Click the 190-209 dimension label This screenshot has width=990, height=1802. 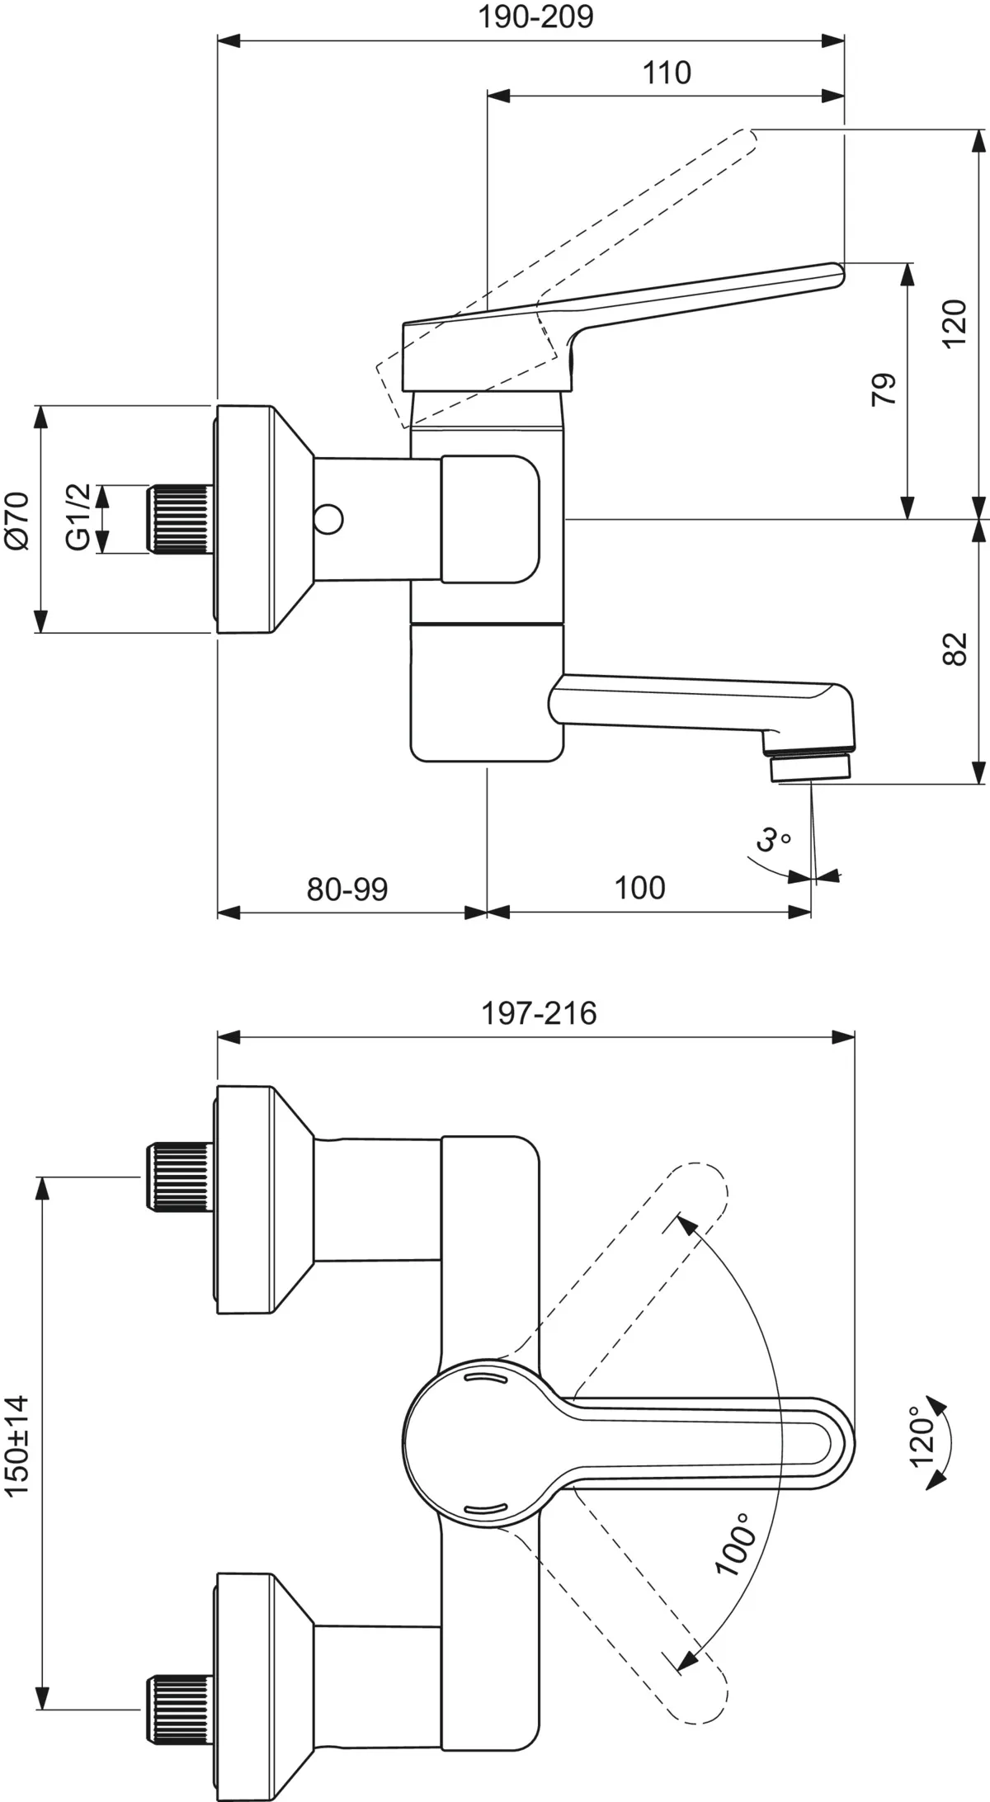click(x=536, y=17)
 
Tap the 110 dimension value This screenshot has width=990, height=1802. click(x=667, y=73)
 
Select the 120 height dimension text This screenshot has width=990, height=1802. click(x=955, y=323)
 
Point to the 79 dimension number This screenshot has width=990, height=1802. click(x=884, y=389)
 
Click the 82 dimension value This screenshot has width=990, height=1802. click(x=955, y=649)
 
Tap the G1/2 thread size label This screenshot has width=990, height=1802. click(x=78, y=518)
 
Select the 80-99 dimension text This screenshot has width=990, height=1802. click(x=347, y=889)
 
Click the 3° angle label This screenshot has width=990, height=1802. click(x=772, y=841)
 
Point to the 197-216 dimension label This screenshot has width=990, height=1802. click(x=539, y=1013)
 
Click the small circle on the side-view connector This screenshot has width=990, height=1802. click(x=330, y=521)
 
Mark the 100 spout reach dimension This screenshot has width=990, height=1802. click(x=639, y=889)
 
